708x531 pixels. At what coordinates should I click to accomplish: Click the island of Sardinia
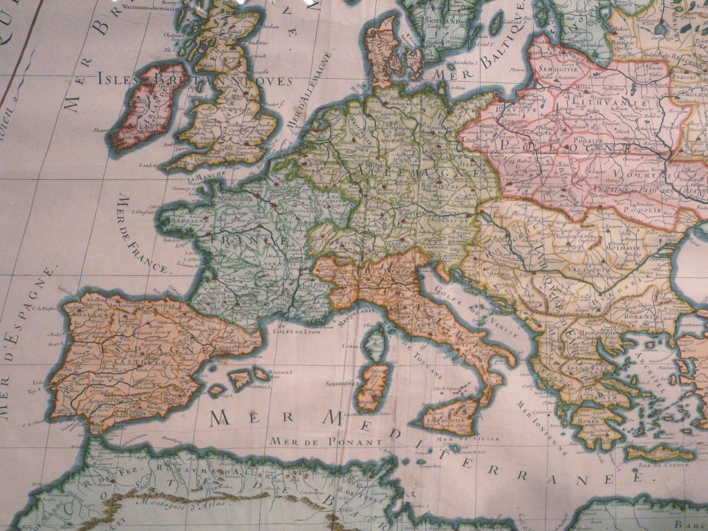(373, 387)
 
